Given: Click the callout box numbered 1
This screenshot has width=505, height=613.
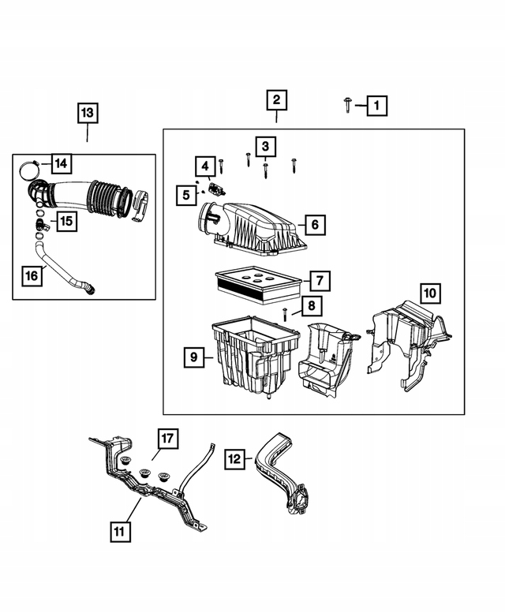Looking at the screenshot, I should click(376, 105).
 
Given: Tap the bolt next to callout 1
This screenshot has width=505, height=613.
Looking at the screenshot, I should click(348, 103).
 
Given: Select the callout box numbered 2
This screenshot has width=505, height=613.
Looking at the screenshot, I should click(276, 100).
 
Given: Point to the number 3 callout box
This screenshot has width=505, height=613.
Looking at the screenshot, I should click(265, 146).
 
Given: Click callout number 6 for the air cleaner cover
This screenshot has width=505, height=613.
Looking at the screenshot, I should click(314, 225).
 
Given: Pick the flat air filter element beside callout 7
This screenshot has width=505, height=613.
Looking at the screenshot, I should click(258, 282).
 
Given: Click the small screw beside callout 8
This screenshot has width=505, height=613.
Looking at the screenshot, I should click(283, 313).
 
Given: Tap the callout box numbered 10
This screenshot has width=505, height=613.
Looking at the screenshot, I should click(429, 293).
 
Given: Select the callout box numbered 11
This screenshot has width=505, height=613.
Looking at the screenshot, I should click(118, 532).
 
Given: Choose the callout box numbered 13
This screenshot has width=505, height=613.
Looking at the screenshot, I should click(87, 113).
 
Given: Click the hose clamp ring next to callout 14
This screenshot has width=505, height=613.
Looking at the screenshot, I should click(30, 166).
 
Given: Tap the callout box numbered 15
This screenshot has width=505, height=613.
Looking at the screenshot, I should click(66, 222).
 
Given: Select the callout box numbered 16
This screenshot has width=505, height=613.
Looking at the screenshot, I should click(32, 275).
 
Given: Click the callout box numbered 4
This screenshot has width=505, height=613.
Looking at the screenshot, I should click(204, 166).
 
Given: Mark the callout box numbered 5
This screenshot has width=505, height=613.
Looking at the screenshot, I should click(187, 194).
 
